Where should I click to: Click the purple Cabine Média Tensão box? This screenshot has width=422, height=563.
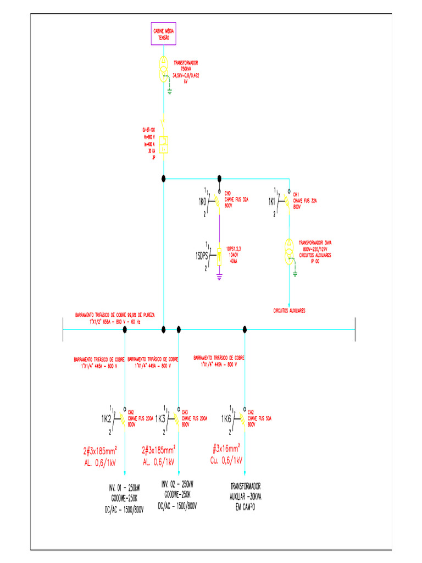coord(164,34)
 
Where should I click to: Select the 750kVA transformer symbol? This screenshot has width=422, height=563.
coord(164,69)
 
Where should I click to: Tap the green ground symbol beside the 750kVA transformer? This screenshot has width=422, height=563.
coord(170,90)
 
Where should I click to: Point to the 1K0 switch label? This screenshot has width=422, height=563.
coord(202,202)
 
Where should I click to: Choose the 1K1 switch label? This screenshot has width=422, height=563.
coord(272,202)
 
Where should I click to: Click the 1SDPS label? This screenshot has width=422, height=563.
coord(202,256)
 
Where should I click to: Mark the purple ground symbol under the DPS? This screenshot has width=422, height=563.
coord(219,278)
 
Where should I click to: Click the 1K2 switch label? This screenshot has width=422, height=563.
coord(107,420)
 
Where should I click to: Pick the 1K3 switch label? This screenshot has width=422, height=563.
coord(160,420)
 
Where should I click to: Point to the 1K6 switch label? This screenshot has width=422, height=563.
coord(226,420)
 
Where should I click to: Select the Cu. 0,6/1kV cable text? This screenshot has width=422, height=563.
coord(226,460)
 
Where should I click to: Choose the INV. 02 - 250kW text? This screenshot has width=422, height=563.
coord(177,484)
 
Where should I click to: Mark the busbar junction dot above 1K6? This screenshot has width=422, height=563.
coord(245,329)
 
